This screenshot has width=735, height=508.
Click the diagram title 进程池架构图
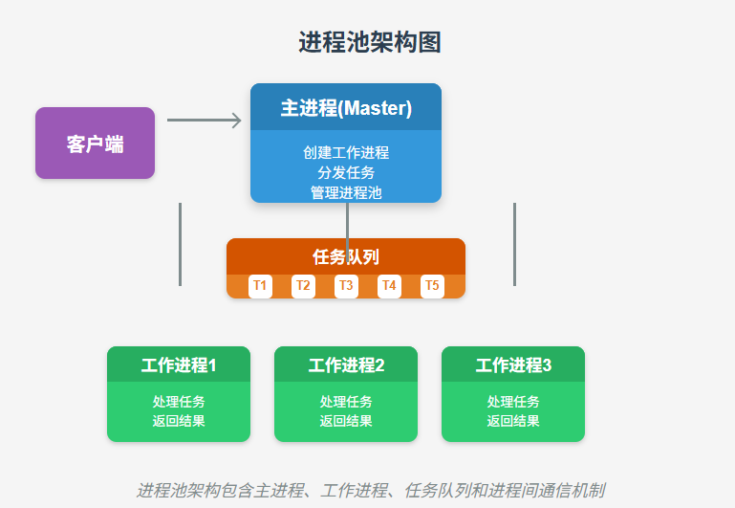369,43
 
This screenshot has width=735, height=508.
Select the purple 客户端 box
95,144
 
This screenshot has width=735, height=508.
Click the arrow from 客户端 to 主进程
205,121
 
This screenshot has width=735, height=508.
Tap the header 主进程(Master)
346,108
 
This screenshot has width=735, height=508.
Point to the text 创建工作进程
346,153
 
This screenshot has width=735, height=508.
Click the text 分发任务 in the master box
346,173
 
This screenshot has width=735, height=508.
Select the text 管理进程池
346,193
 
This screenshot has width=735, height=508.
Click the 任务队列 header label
346,256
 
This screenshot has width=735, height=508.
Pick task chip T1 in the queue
260,286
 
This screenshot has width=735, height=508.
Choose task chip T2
303,286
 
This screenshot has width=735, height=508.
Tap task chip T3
346,286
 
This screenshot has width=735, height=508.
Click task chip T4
389,286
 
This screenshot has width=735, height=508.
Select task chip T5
432,286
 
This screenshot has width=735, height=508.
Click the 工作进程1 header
179,364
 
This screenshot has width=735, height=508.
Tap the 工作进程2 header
346,364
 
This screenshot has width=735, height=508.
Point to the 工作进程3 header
513,364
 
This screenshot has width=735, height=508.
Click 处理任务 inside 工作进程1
179,402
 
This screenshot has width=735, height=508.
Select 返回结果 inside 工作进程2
346,421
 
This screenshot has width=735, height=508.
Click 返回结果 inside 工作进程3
513,421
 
